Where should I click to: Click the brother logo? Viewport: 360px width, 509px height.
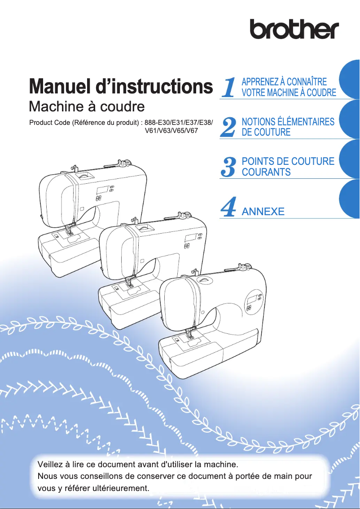click(x=294, y=29)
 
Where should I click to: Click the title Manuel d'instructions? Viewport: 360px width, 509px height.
click(x=120, y=87)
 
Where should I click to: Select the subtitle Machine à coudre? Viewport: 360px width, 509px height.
click(x=86, y=107)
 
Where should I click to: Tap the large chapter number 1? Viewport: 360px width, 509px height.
click(x=229, y=88)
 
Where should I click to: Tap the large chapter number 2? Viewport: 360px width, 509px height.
click(x=229, y=127)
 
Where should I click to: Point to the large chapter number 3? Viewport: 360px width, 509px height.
click(x=229, y=167)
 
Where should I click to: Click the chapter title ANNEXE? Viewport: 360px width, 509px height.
click(x=263, y=211)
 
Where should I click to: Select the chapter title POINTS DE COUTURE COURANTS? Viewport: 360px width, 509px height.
click(x=288, y=166)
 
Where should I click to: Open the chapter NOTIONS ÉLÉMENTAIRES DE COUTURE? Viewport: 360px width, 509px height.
click(x=288, y=127)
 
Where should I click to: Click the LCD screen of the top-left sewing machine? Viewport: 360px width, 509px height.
click(x=102, y=189)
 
